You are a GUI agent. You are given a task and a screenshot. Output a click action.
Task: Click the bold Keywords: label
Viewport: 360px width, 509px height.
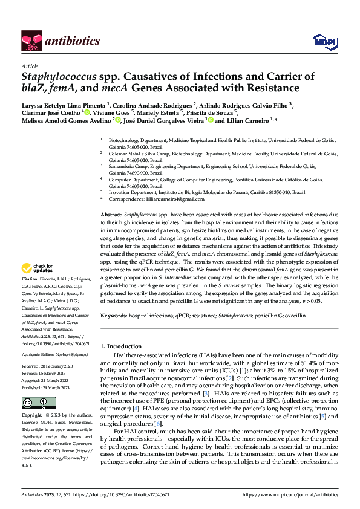113,315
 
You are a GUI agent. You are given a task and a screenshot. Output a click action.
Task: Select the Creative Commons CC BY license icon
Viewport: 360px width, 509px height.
38,403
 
